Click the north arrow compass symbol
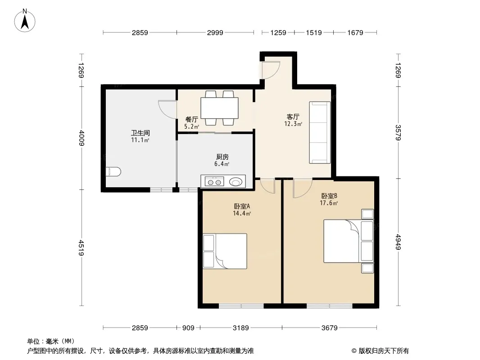(25, 21)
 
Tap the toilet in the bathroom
(113, 171)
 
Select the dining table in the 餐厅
(219, 108)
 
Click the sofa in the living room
(320, 132)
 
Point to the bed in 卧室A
(225, 251)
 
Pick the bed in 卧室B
(349, 241)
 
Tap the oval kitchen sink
(235, 182)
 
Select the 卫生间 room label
(140, 133)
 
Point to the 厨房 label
(222, 157)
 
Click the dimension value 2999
(215, 32)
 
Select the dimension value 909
(188, 328)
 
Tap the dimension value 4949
(398, 242)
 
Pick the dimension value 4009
(82, 138)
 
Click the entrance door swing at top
(271, 70)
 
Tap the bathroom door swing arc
(168, 108)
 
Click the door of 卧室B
(303, 188)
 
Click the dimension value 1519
(314, 32)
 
